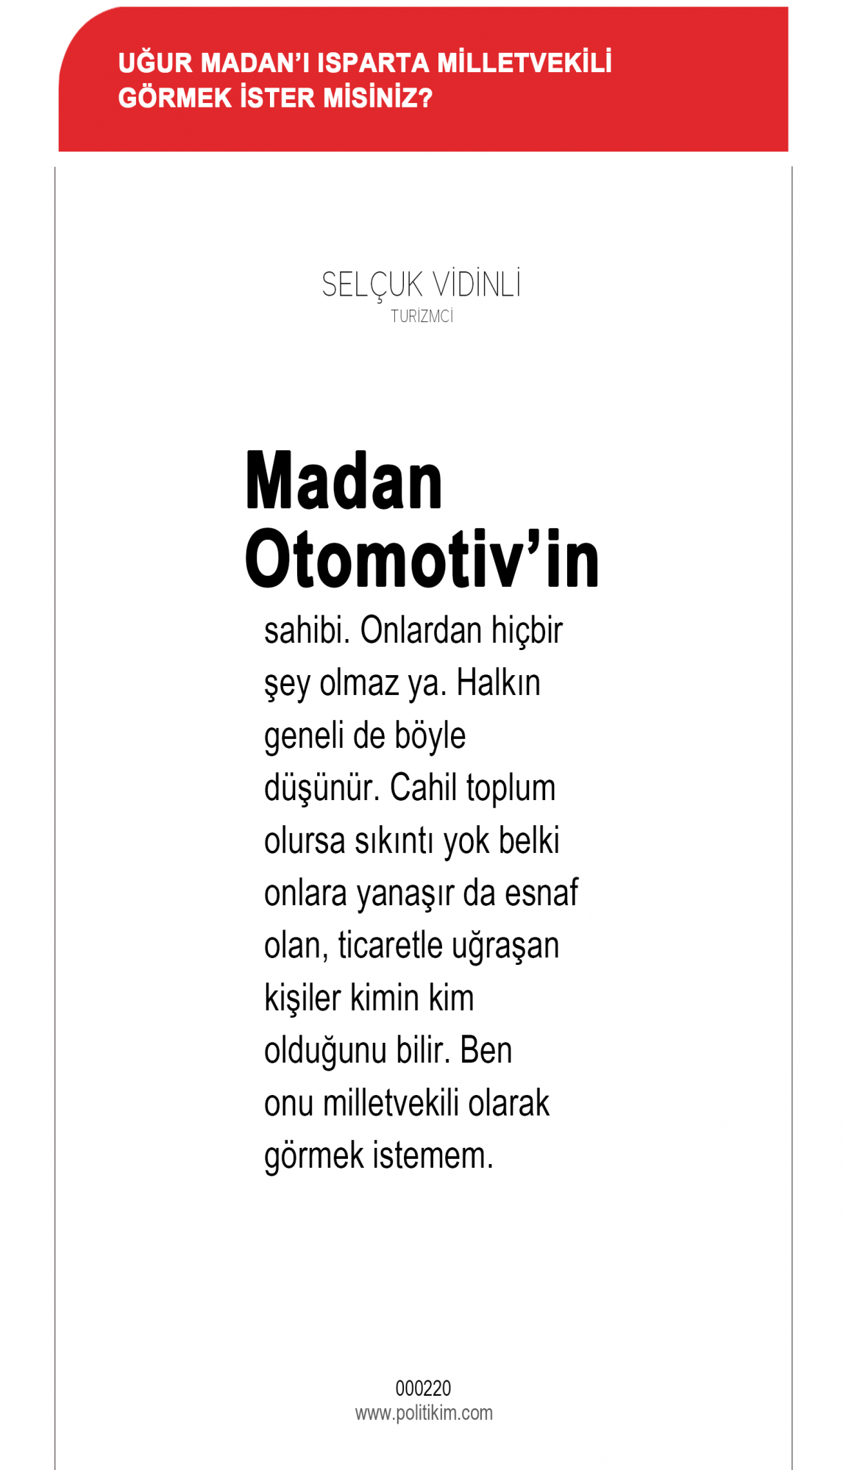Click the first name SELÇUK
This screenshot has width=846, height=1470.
tap(372, 285)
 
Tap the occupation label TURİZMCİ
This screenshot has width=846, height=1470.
tap(422, 317)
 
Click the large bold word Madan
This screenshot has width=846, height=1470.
tap(344, 482)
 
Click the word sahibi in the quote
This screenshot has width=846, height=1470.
tap(307, 631)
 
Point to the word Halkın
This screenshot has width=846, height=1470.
tap(498, 683)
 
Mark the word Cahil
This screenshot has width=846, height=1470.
tap(424, 788)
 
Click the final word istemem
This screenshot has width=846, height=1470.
tap(433, 1155)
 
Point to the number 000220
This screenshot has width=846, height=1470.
tap(423, 1388)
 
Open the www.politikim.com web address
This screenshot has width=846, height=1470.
tap(424, 1413)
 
